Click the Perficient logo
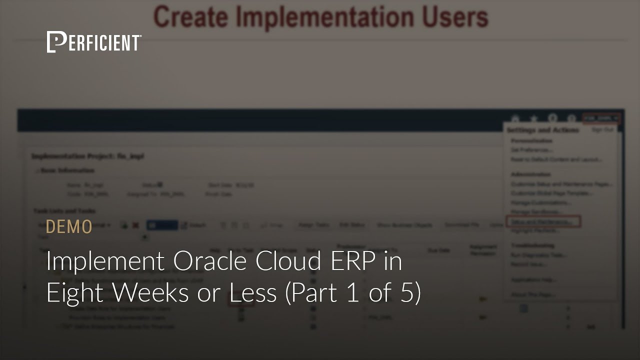pos(94,42)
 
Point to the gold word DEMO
pos(69,226)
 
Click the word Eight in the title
pos(75,293)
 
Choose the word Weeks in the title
pos(150,293)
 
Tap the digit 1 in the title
pos(352,293)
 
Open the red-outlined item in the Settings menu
pos(543,221)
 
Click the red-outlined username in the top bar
pos(601,118)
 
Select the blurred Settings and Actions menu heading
pos(542,130)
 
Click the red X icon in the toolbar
pos(135,225)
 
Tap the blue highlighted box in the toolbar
pos(161,225)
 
